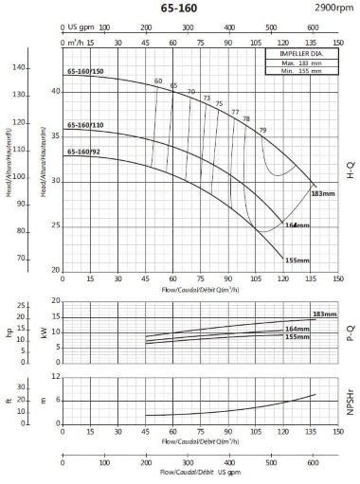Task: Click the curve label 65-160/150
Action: [x=85, y=72]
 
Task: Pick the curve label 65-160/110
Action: [x=85, y=125]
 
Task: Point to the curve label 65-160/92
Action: [x=83, y=151]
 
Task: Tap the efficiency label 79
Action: [x=262, y=129]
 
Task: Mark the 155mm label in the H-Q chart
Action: [x=297, y=260]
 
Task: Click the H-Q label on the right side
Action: [x=350, y=170]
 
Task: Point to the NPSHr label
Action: [x=350, y=404]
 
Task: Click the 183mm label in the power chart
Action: [x=324, y=314]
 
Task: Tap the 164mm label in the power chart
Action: [x=297, y=329]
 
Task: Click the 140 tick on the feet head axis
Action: [x=21, y=68]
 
